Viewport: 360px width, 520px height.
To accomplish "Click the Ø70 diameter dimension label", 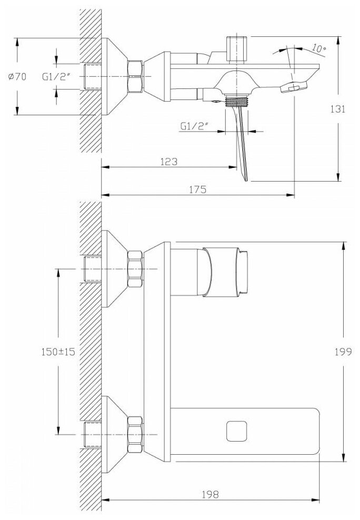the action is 17,77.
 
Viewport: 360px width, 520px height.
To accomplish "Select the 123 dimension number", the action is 168,162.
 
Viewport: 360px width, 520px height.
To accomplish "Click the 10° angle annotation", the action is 318,48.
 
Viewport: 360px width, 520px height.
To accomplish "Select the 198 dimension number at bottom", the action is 210,494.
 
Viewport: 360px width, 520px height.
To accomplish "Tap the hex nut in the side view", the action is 135,77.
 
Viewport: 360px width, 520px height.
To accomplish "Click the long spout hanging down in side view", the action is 239,142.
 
